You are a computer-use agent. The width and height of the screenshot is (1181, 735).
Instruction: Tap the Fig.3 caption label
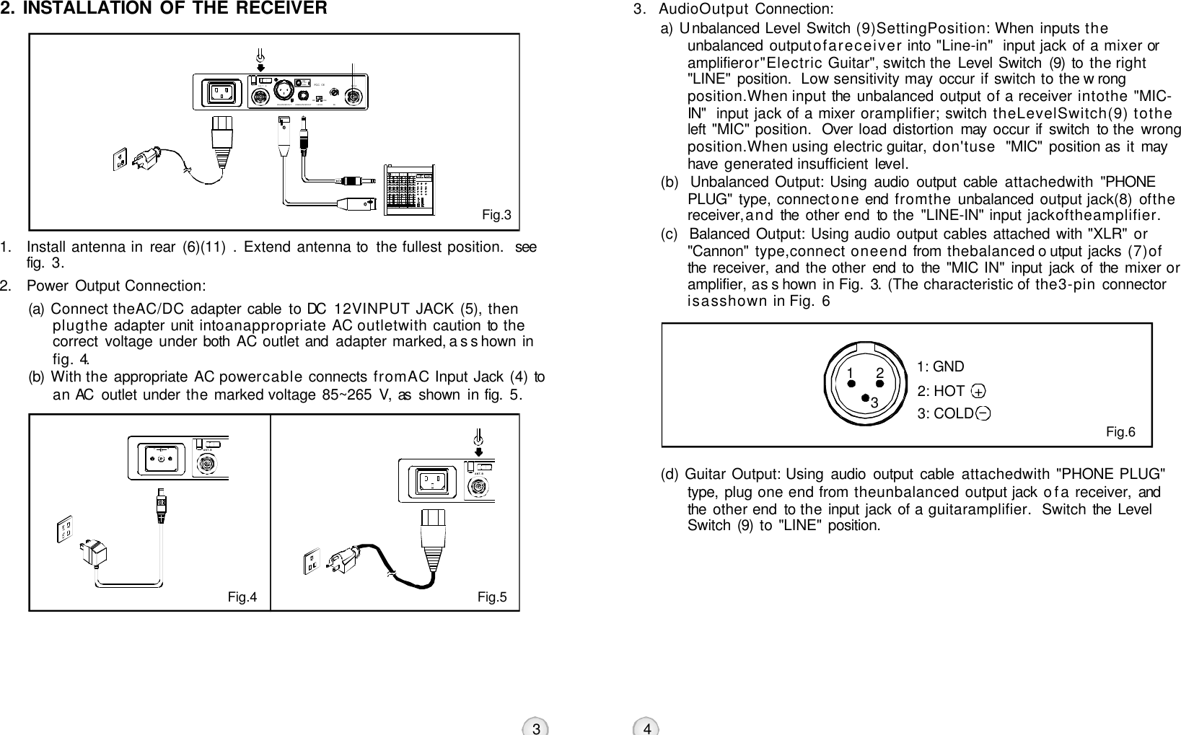496,215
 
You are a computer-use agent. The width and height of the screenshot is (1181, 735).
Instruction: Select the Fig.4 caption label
242,597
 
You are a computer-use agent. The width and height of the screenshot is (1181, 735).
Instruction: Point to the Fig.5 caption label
492,597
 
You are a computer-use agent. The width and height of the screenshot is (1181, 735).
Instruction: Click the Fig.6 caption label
1120,432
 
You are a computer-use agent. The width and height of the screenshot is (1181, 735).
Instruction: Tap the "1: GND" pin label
940,367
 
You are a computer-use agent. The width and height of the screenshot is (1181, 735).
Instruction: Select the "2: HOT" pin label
941,391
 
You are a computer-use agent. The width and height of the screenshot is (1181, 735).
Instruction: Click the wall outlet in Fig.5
313,559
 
